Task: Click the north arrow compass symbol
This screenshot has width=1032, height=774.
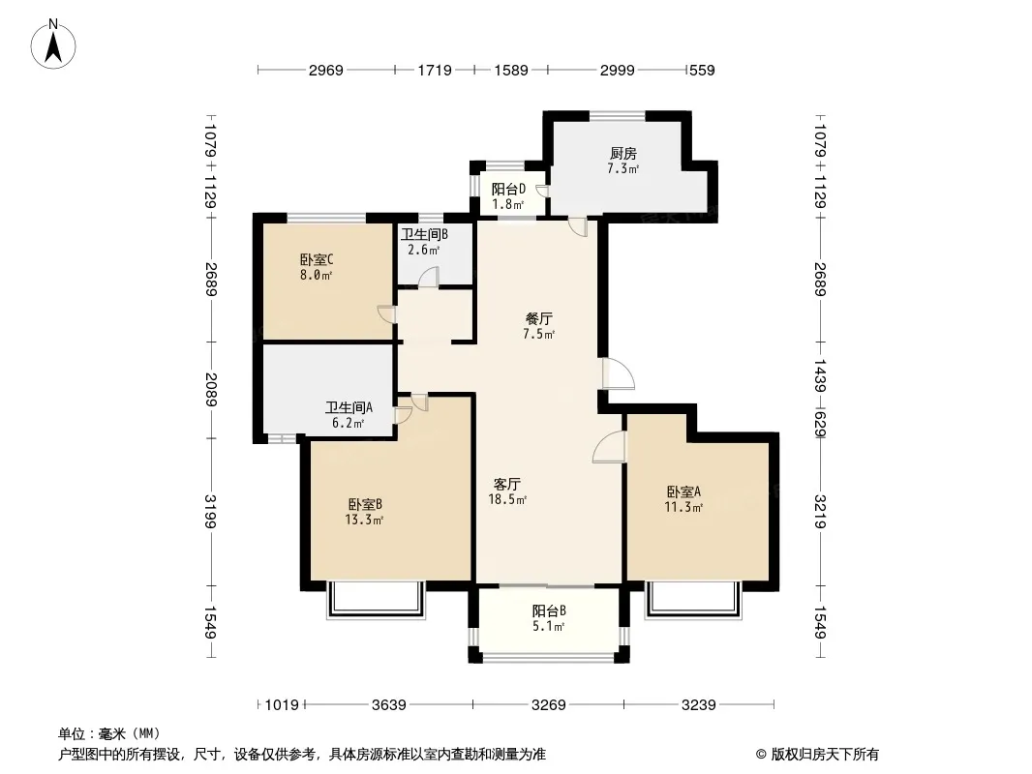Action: (x=53, y=44)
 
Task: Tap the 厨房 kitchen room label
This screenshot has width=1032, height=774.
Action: (x=622, y=153)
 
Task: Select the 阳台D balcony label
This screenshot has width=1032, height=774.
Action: (x=509, y=190)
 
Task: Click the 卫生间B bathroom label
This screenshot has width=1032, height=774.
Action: (x=425, y=234)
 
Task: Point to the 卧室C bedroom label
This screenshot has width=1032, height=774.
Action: (x=317, y=259)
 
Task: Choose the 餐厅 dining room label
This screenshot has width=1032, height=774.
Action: (x=538, y=319)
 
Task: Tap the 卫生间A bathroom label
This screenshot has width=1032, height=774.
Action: (x=349, y=407)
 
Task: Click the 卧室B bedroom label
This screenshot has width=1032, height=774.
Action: (x=365, y=504)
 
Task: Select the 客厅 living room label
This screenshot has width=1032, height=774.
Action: (x=506, y=484)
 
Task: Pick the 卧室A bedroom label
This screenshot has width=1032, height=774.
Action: (x=683, y=491)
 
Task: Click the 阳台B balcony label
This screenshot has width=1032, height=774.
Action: (x=549, y=610)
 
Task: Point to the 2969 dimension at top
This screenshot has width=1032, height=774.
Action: (x=326, y=70)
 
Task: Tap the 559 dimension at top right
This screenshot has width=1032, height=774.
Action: (x=702, y=70)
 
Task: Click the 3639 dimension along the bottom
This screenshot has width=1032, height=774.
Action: (x=389, y=705)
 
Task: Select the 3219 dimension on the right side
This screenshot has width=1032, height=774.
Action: (x=820, y=512)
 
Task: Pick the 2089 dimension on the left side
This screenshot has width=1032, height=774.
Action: (x=211, y=390)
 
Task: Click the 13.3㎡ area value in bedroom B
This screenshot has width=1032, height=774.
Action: (x=364, y=521)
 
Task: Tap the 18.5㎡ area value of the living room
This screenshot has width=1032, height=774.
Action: (x=506, y=500)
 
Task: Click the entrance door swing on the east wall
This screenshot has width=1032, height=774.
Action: (x=618, y=373)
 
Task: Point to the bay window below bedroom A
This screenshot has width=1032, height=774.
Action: (x=694, y=601)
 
